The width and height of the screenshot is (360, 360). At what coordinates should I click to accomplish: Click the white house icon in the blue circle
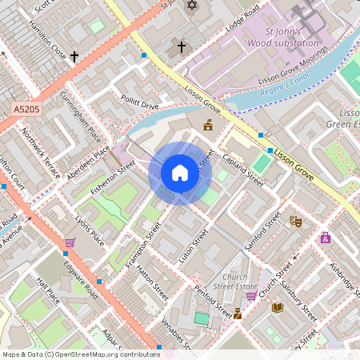tap(180, 173)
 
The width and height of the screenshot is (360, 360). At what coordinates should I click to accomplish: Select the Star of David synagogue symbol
tap(190, 6)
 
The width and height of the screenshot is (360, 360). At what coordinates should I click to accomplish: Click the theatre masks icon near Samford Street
tap(296, 221)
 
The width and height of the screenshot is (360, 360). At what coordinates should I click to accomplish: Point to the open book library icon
tap(277, 307)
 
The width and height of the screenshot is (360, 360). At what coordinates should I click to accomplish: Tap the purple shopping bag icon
tap(326, 238)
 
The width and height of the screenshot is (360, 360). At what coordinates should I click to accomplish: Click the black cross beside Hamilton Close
tap(74, 57)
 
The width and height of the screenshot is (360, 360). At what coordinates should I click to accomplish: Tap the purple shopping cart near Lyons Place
tap(70, 242)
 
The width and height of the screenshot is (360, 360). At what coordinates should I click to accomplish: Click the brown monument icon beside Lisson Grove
tap(209, 125)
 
